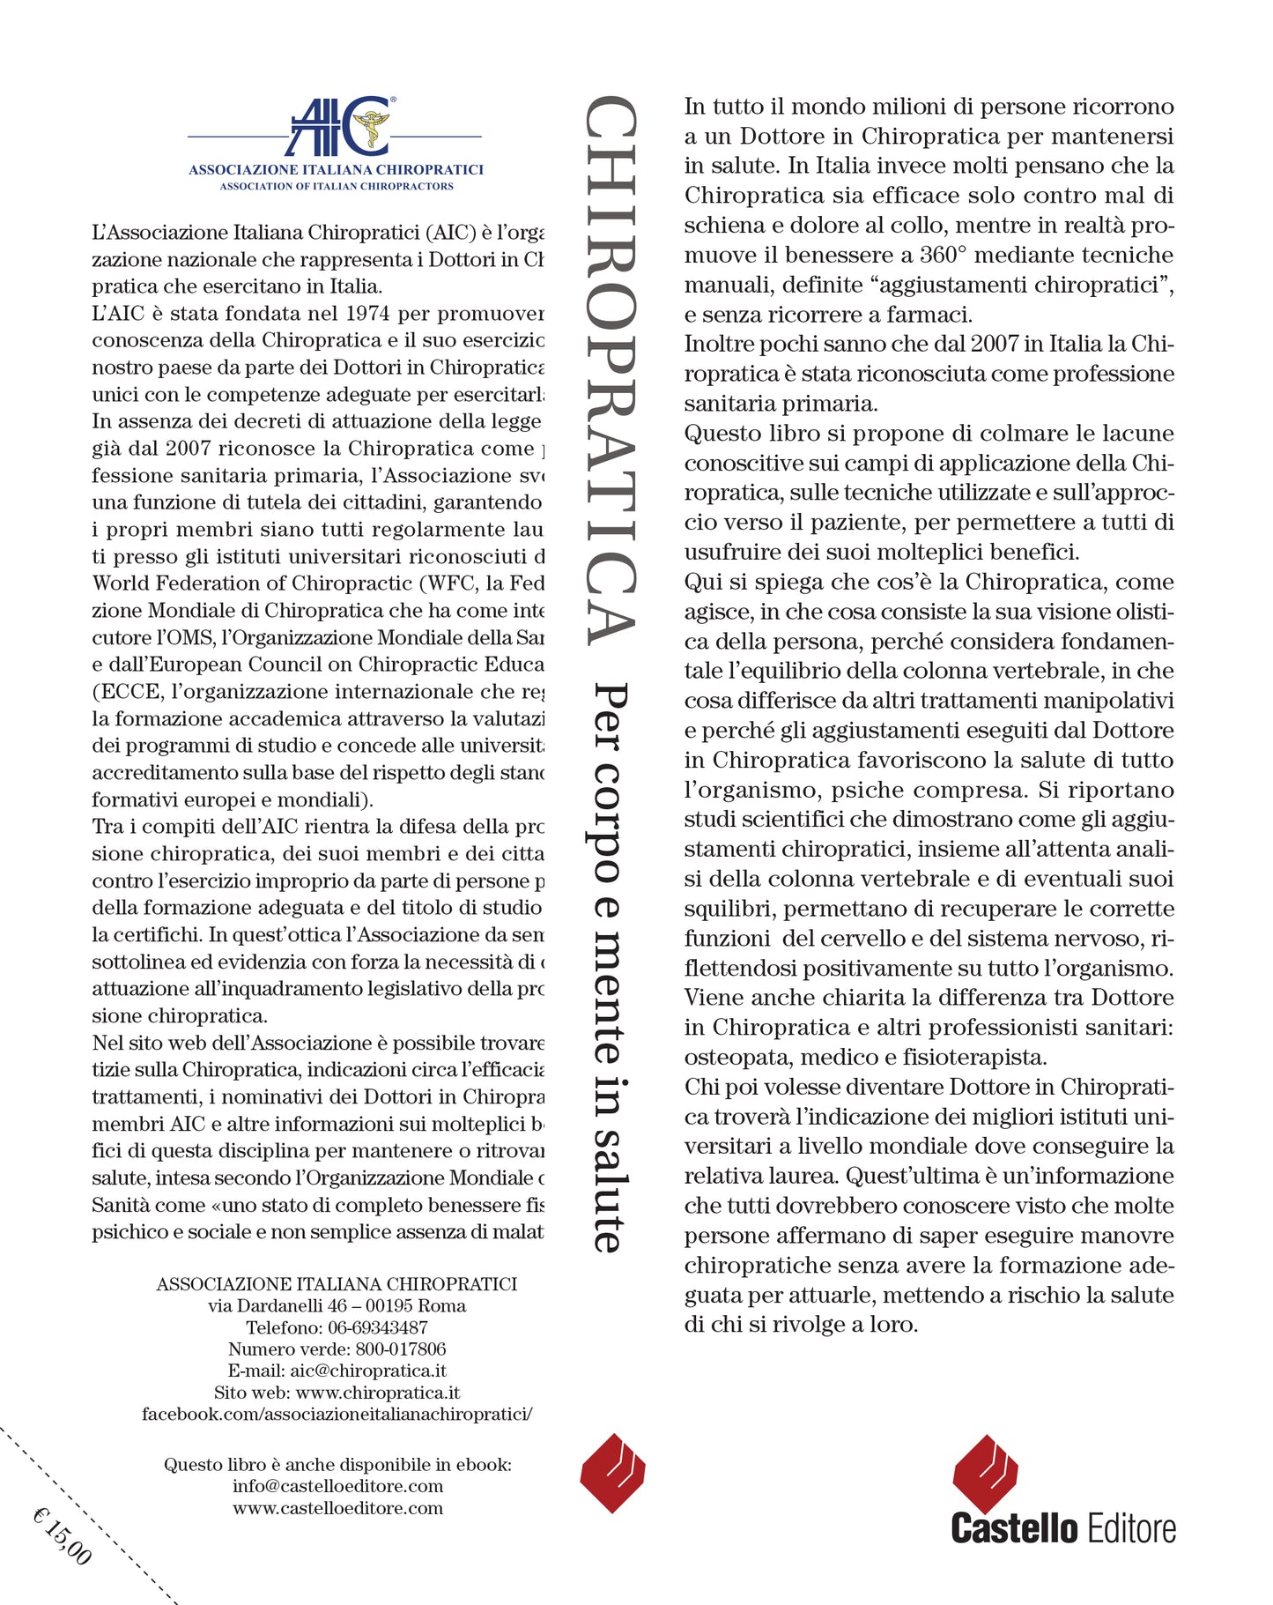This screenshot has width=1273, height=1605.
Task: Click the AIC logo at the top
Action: tap(339, 127)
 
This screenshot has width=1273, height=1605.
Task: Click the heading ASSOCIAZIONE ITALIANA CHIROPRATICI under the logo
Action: tap(336, 169)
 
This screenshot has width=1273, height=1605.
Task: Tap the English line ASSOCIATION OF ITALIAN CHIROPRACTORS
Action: tap(337, 187)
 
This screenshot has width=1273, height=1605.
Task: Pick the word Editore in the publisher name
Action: tap(1132, 1528)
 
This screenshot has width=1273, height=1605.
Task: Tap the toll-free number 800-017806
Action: tap(401, 1349)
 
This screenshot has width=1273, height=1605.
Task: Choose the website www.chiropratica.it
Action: tap(378, 1393)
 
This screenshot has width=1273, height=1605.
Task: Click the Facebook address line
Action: tap(337, 1414)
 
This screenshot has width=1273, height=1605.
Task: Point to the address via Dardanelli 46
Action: tap(277, 1306)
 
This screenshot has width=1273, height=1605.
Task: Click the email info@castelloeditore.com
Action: tap(337, 1486)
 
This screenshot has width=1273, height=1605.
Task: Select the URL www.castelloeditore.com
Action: tap(337, 1508)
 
